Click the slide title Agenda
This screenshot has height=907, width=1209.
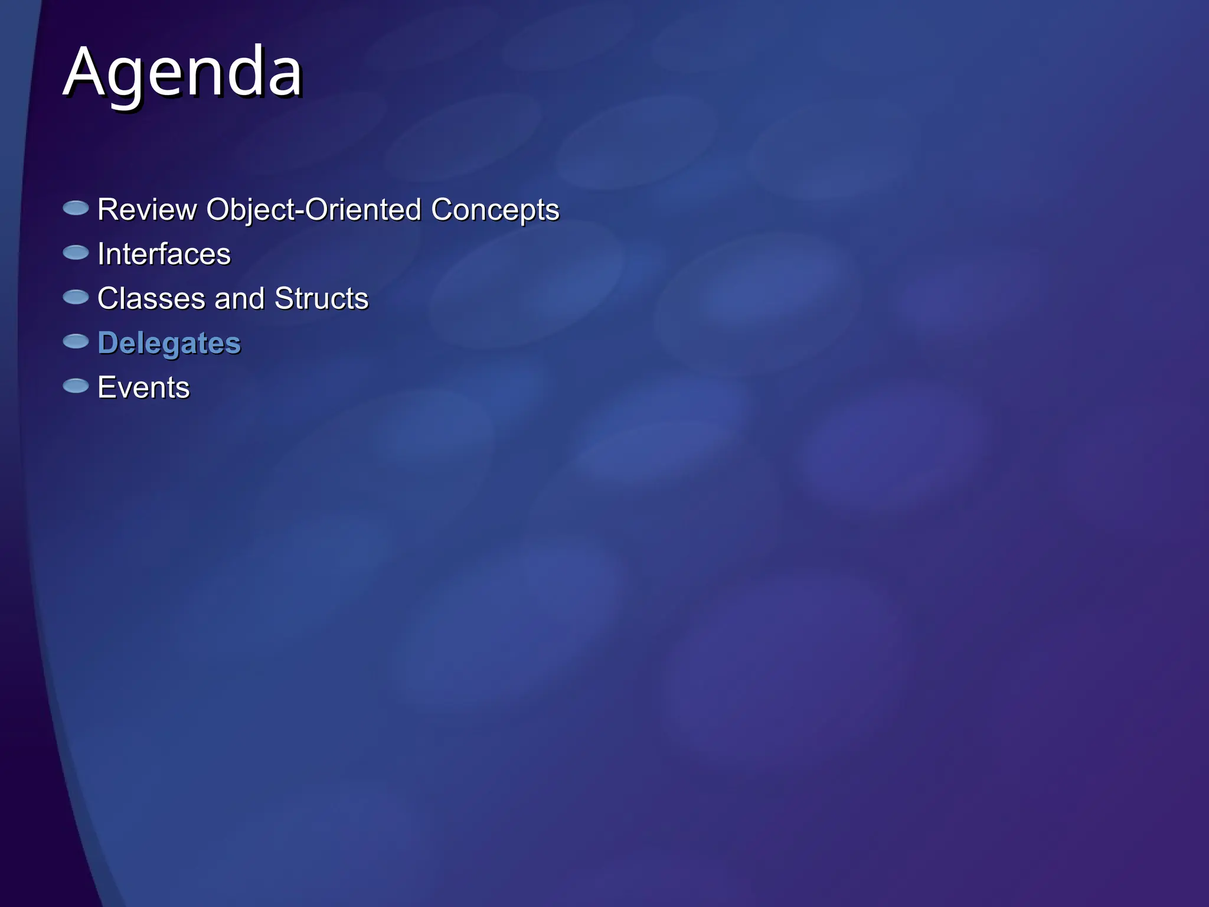point(182,73)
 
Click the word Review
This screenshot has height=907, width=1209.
point(147,210)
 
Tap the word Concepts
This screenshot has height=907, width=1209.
point(495,210)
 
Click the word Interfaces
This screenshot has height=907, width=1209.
point(164,254)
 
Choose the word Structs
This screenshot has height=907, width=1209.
point(321,298)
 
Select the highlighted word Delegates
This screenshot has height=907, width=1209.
point(169,343)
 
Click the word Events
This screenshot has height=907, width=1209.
point(143,387)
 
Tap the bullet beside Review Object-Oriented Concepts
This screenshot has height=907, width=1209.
point(76,208)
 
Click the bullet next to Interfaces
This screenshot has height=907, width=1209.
point(76,253)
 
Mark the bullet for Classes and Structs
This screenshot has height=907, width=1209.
point(76,297)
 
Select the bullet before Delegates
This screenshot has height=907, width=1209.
point(76,341)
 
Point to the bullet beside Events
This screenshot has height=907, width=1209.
point(76,386)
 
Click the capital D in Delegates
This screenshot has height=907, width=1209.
point(107,343)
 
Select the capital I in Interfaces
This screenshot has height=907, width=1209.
point(101,254)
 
